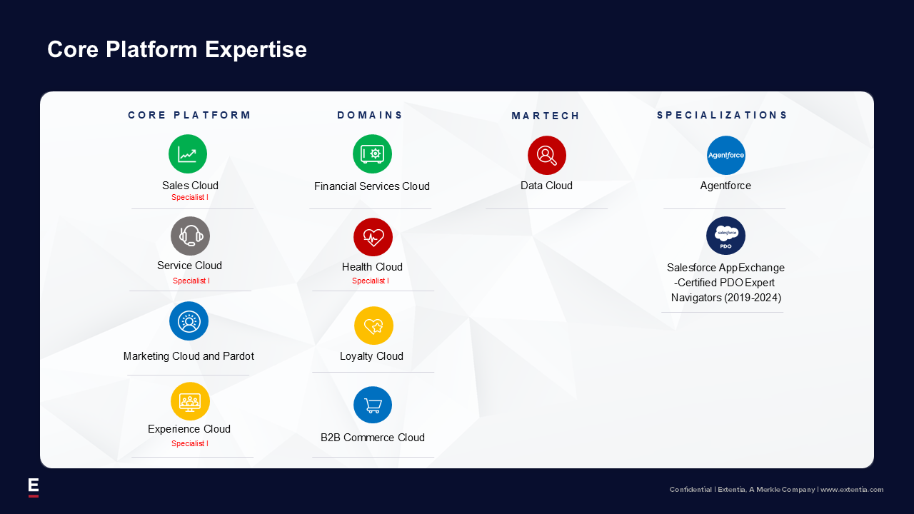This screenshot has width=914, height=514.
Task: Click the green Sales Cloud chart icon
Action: [x=188, y=153]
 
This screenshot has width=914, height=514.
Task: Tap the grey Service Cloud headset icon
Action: [x=190, y=236]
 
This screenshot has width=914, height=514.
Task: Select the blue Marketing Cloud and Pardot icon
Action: [x=189, y=321]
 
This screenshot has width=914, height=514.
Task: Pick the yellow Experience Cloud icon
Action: [x=190, y=401]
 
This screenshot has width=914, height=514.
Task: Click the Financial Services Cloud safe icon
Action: [x=372, y=153]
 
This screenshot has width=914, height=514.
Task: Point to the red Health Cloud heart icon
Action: [x=373, y=237]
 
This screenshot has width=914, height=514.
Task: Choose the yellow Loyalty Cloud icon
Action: [x=373, y=326]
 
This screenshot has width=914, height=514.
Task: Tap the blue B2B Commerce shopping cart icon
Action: [x=373, y=405]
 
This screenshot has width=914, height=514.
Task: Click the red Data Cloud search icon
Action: [x=547, y=155]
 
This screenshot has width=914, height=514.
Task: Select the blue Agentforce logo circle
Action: [x=726, y=155]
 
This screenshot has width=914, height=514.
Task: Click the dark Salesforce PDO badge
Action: [x=726, y=236]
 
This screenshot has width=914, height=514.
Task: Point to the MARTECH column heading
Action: [x=546, y=116]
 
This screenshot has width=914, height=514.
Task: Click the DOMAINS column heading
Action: [x=370, y=116]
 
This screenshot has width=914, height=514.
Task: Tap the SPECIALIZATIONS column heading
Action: [x=722, y=116]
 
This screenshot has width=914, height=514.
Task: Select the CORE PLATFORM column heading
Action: [x=189, y=116]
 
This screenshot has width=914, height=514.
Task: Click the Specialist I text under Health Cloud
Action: [x=371, y=281]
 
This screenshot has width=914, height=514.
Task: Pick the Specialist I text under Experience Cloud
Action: [x=190, y=443]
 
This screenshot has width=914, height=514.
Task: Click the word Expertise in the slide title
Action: [x=256, y=50]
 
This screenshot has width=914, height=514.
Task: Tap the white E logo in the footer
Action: [x=34, y=488]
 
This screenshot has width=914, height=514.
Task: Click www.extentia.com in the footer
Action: [x=852, y=490]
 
